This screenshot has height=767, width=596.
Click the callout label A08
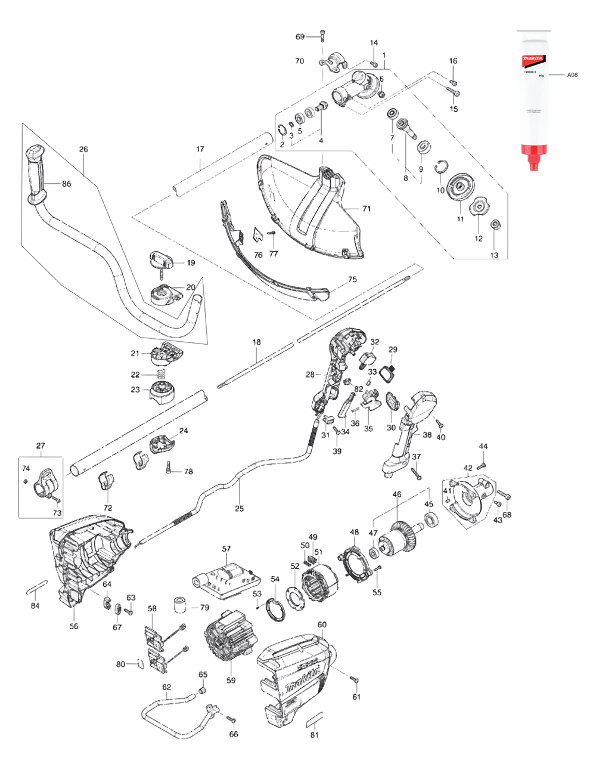(x=572, y=75)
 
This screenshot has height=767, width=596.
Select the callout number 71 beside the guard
(x=367, y=209)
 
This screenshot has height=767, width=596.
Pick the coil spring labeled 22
(x=161, y=375)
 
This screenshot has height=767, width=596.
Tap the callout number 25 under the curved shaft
(x=240, y=509)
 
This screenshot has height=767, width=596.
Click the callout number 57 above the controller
(x=226, y=548)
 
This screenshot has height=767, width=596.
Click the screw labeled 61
(x=354, y=679)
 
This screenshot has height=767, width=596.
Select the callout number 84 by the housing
(x=35, y=606)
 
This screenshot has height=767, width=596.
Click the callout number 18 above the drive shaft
(x=256, y=342)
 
